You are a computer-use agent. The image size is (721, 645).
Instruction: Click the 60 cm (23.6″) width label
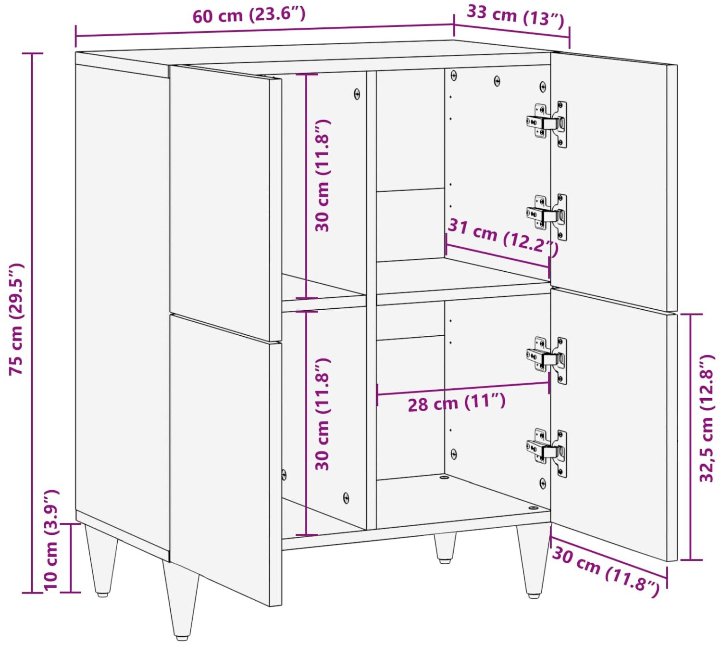(x=249, y=16)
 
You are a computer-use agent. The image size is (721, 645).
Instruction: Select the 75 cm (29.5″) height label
(x=17, y=319)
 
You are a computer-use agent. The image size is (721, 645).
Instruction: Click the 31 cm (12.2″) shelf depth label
(x=502, y=237)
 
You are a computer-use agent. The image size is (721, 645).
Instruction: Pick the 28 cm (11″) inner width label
(x=457, y=403)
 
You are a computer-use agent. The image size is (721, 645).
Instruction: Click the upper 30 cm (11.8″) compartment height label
(x=323, y=175)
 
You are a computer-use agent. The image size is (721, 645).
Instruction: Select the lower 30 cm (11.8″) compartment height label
(x=323, y=414)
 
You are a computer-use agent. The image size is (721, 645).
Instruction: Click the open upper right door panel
(x=614, y=182)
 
